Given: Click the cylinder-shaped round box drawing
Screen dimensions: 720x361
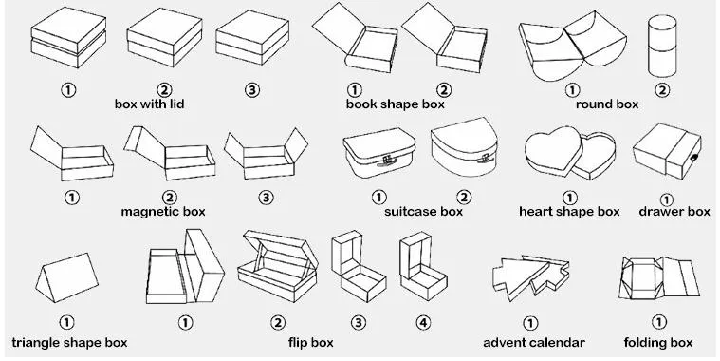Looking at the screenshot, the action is pyautogui.click(x=662, y=46).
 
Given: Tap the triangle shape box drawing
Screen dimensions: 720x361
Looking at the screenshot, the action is pyautogui.click(x=67, y=277).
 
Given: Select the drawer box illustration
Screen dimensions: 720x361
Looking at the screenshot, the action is pyautogui.click(x=667, y=151).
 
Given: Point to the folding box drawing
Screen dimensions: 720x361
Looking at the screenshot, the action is pyautogui.click(x=659, y=277).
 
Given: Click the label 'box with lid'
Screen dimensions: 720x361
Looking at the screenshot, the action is pyautogui.click(x=149, y=104).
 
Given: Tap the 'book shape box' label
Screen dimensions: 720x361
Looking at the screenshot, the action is pyautogui.click(x=396, y=104).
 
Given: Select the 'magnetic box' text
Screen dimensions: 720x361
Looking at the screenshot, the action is pyautogui.click(x=163, y=212).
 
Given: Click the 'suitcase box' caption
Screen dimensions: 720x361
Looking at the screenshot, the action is pyautogui.click(x=423, y=212).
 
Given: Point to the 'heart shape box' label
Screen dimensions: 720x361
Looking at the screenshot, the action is pyautogui.click(x=569, y=212).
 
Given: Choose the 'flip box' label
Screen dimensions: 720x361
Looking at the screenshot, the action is pyautogui.click(x=311, y=343).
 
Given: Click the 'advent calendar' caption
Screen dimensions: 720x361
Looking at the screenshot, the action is pyautogui.click(x=534, y=343).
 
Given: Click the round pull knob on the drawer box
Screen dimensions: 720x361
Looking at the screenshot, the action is pyautogui.click(x=694, y=158).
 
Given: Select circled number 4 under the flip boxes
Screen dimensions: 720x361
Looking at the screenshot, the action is pyautogui.click(x=423, y=323).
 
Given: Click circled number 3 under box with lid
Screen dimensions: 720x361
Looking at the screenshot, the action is pyautogui.click(x=251, y=89).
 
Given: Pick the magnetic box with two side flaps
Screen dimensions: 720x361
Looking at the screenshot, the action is pyautogui.click(x=266, y=153).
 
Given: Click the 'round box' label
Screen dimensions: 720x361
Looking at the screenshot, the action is pyautogui.click(x=607, y=104).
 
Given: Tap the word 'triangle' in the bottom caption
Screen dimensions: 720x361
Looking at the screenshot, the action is pyautogui.click(x=36, y=343).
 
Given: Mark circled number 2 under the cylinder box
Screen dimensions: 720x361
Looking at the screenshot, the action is pyautogui.click(x=662, y=89).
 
